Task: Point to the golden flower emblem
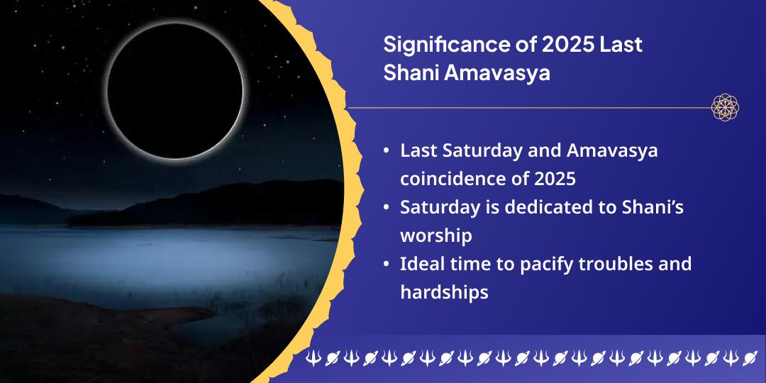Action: [725, 108]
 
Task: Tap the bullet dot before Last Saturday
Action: [385, 151]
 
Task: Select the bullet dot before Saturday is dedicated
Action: [385, 208]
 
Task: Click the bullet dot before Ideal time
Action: [385, 265]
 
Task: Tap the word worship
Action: [435, 235]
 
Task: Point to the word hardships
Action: [444, 292]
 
